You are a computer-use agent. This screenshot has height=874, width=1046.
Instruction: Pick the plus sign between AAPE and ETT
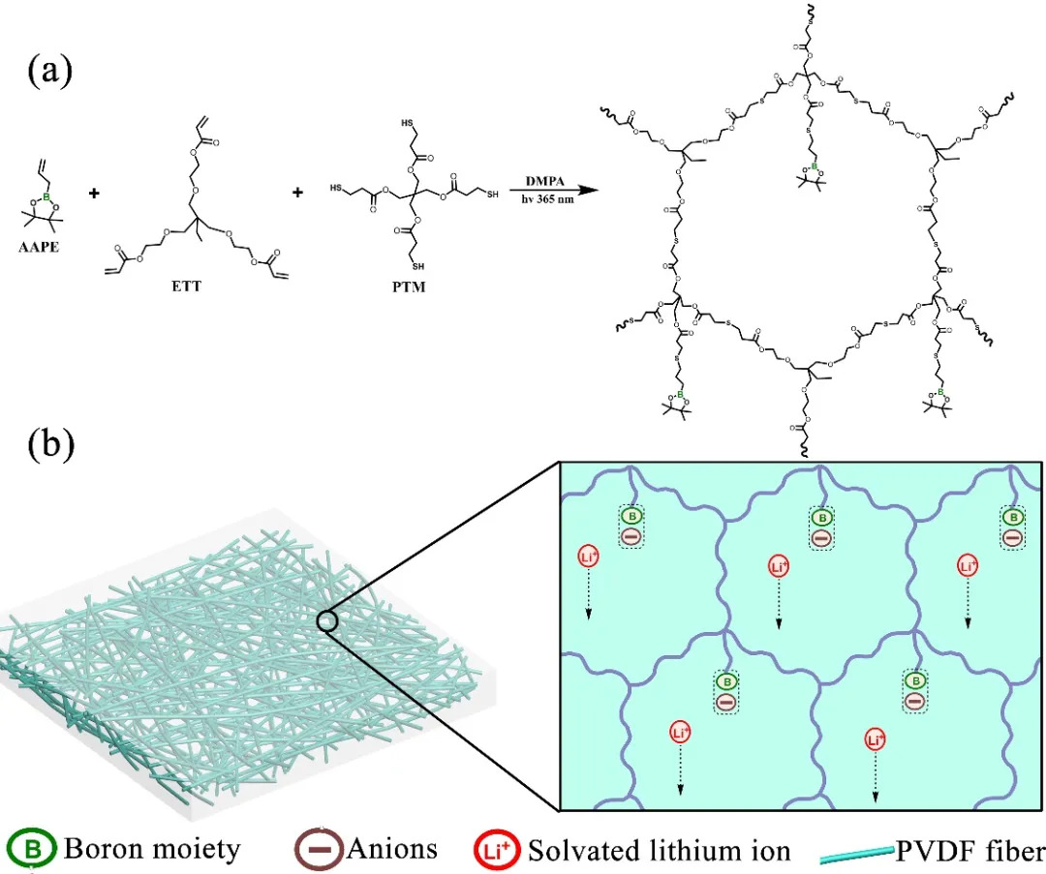95,194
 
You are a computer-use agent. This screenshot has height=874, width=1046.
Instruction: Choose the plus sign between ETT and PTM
296,194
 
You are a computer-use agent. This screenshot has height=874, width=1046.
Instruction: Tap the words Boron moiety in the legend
152,851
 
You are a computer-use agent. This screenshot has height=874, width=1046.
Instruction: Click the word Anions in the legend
390,851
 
